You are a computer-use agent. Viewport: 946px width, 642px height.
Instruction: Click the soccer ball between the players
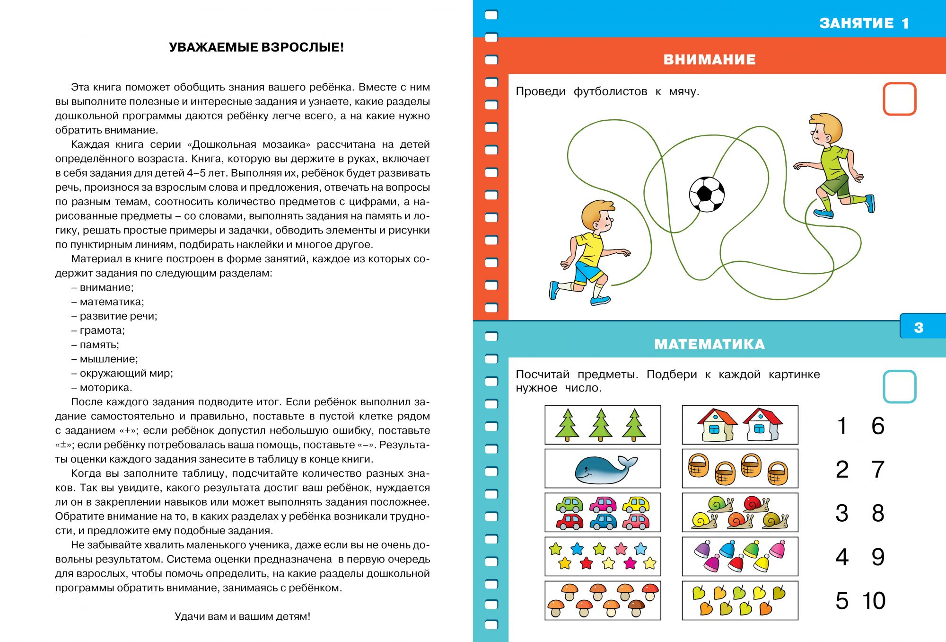(707, 194)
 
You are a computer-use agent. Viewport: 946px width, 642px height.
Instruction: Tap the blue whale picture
(603, 469)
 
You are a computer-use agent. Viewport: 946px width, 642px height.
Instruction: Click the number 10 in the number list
(874, 601)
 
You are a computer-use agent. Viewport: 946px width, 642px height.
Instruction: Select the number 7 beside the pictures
(878, 470)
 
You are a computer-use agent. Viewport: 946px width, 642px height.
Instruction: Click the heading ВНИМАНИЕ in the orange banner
(709, 60)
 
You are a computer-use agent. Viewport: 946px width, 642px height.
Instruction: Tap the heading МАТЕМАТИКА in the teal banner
(709, 344)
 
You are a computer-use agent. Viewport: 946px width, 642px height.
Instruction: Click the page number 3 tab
(919, 328)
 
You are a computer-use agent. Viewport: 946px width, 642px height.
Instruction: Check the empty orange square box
(899, 99)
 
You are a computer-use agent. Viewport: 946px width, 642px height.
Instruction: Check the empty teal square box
(899, 386)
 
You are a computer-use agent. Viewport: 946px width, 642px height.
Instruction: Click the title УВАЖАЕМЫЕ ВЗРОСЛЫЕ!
(256, 47)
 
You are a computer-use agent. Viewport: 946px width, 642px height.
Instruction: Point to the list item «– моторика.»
(102, 388)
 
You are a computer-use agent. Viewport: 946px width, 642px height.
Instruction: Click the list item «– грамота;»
(98, 330)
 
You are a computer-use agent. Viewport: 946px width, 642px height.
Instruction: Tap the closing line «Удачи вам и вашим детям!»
(243, 616)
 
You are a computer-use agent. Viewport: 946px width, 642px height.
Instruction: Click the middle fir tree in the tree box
(601, 425)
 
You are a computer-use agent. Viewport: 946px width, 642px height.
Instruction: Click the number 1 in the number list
(842, 426)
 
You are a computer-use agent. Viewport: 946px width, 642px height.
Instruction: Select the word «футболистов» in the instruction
(610, 91)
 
